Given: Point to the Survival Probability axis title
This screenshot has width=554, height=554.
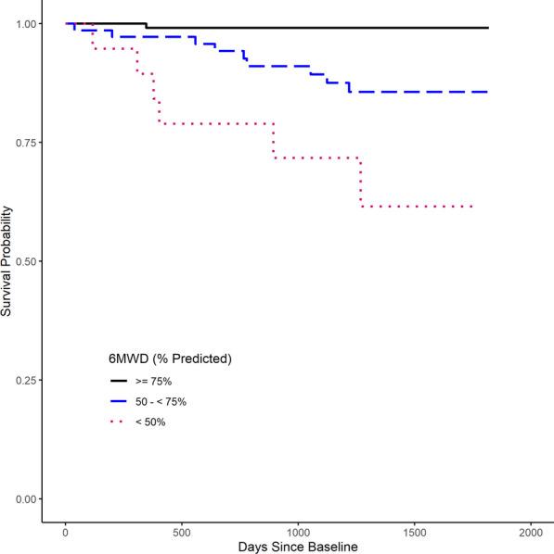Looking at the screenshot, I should tap(8, 261).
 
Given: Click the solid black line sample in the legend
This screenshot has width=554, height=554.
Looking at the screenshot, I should tap(121, 380).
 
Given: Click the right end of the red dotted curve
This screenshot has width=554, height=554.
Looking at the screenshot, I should tap(472, 207).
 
